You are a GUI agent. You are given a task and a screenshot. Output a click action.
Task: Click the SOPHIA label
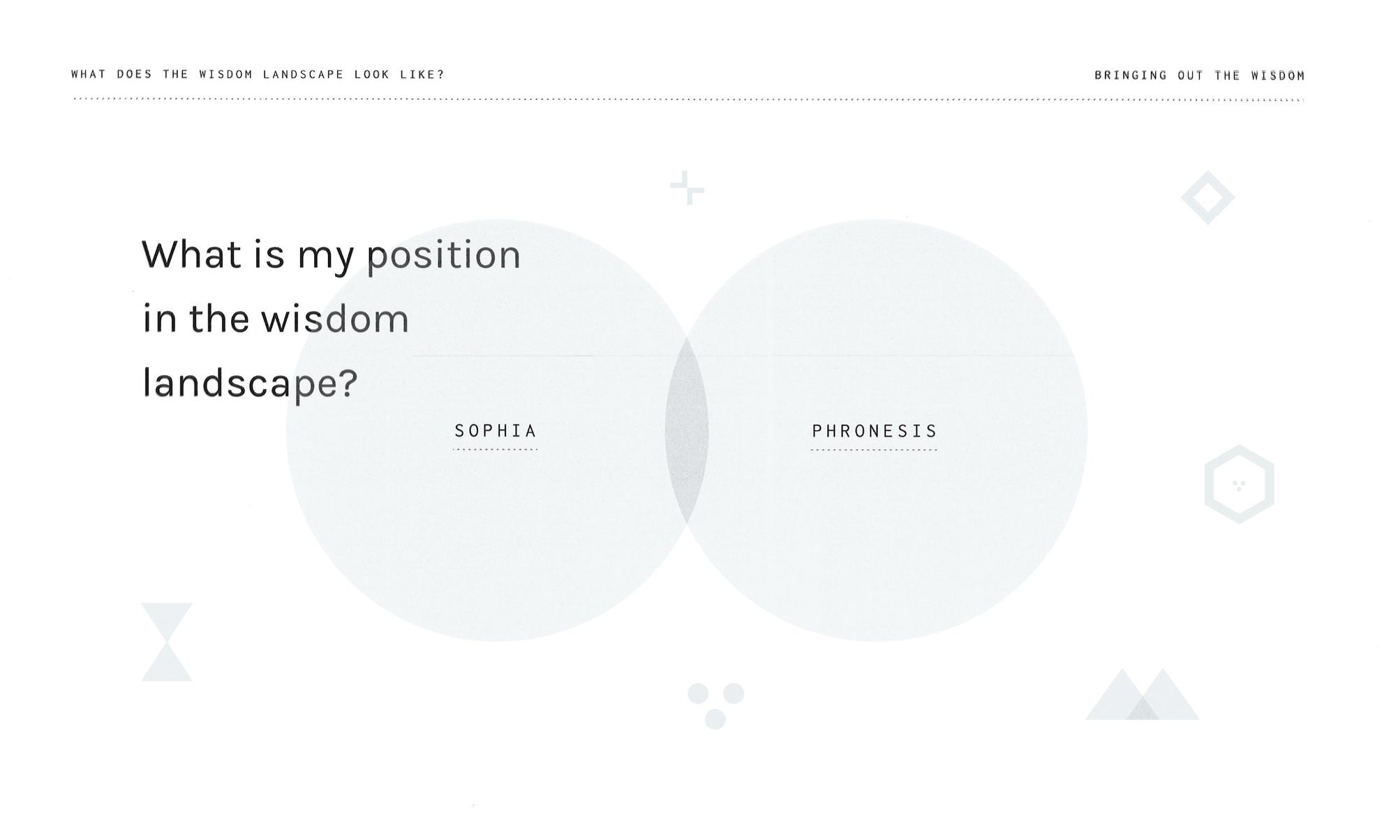(496, 431)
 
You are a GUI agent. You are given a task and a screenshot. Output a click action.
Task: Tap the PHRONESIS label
(875, 431)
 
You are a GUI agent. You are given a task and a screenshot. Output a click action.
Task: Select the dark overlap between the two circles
(687, 430)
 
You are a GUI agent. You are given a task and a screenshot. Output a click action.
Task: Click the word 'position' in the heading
(444, 255)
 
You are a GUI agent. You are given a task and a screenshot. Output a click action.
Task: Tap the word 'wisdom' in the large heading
(335, 319)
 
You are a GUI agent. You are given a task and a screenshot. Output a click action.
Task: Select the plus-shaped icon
(688, 188)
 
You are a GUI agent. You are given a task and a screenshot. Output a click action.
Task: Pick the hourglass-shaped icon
(167, 642)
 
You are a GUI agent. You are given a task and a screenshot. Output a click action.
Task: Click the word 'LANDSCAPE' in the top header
(304, 75)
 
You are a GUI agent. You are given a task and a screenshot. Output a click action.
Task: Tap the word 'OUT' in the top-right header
(1191, 75)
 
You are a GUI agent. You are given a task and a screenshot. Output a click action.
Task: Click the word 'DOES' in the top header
(135, 75)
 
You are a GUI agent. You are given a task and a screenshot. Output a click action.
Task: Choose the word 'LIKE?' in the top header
(422, 75)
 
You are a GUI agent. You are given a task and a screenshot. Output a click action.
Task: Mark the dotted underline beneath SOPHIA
(496, 450)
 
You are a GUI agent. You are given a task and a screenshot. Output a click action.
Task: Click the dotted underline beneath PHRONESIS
(875, 450)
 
